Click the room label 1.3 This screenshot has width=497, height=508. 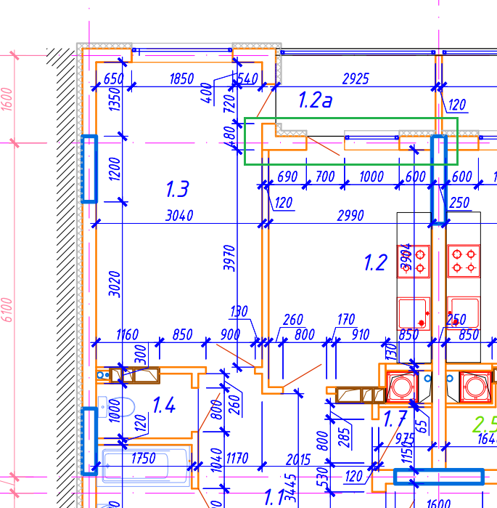pyautogui.click(x=177, y=190)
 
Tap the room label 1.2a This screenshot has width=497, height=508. pyautogui.click(x=316, y=100)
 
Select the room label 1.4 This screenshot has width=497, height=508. pyautogui.click(x=163, y=405)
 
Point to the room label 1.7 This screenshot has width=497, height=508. pyautogui.click(x=395, y=419)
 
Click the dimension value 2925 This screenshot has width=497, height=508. pyautogui.click(x=356, y=78)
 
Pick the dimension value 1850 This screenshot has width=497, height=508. pyautogui.click(x=181, y=78)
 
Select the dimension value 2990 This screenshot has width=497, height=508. pyautogui.click(x=350, y=215)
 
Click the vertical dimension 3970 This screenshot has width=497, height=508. pyautogui.click(x=230, y=258)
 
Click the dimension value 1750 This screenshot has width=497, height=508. pyautogui.click(x=144, y=459)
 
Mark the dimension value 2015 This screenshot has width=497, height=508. pyautogui.click(x=298, y=459)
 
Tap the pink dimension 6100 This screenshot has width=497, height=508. pyautogui.click(x=7, y=310)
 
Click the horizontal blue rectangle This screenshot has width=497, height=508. pyautogui.click(x=438, y=477)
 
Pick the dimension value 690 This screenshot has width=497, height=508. pyautogui.click(x=288, y=177)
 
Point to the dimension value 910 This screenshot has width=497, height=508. pyautogui.click(x=360, y=335)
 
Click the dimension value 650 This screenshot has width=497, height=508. pyautogui.click(x=113, y=78)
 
